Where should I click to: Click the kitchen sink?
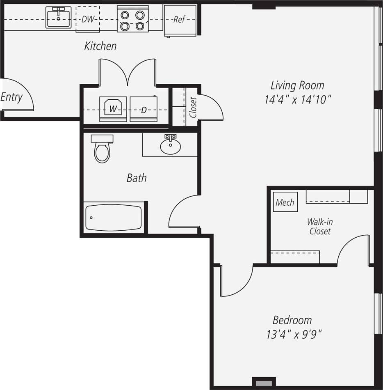(58, 17)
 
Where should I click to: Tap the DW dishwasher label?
(87, 19)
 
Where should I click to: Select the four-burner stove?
(132, 19)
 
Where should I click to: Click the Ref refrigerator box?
(180, 20)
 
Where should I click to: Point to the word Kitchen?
(100, 46)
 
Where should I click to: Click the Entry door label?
(11, 97)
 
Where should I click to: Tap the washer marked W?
(110, 110)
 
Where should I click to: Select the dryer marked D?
(144, 110)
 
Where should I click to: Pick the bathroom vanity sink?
(170, 145)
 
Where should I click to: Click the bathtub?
(114, 218)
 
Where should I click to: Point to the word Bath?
(137, 178)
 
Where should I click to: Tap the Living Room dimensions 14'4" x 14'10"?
(298, 99)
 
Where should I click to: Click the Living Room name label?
(297, 85)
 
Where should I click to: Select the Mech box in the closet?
(285, 202)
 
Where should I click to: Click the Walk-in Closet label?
(320, 226)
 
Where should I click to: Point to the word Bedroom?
(292, 320)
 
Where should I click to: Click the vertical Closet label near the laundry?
(193, 107)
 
